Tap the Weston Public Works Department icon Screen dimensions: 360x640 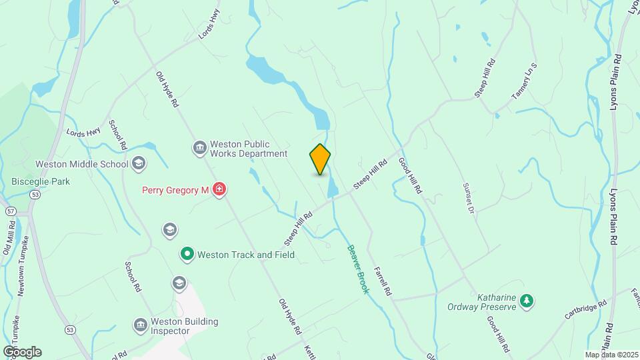point(199,148)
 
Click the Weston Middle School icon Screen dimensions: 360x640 point(139,163)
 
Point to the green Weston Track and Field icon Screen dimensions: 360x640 point(188,254)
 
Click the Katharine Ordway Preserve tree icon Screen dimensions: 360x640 point(527,301)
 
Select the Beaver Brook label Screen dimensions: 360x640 point(357,269)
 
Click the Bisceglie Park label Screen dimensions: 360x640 point(41,181)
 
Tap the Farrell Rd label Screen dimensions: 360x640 point(382,281)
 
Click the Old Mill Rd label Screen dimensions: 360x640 point(9,241)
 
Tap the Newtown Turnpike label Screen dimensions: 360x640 point(23,266)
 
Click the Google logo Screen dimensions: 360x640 point(22,352)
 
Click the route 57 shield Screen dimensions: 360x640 point(10,211)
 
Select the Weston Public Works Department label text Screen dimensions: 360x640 point(248,148)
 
